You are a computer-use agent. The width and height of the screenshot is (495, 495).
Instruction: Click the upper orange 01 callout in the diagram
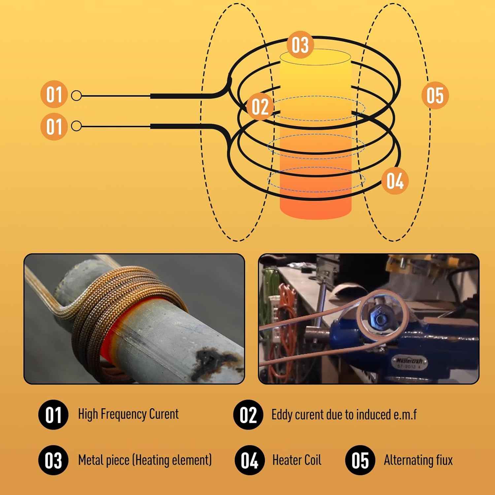click(54, 94)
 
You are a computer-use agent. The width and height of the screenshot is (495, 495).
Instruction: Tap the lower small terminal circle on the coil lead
click(76, 126)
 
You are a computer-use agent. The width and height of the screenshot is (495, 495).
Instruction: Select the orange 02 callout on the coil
click(260, 106)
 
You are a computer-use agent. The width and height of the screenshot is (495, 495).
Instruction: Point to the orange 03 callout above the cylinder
click(300, 45)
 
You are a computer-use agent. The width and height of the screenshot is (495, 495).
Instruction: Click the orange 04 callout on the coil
click(395, 181)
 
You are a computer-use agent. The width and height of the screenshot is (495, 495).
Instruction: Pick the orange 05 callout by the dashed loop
click(435, 95)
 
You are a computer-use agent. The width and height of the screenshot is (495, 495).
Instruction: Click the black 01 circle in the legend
click(53, 414)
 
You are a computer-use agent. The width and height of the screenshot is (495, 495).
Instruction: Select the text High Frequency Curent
click(128, 414)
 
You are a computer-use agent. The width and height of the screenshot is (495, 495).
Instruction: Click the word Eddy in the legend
click(281, 414)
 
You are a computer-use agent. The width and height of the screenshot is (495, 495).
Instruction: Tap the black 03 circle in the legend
click(53, 460)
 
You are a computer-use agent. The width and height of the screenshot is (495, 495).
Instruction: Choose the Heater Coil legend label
click(296, 460)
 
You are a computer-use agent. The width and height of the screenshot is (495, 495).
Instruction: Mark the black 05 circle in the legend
click(360, 460)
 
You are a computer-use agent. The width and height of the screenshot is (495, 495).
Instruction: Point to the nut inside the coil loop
click(380, 319)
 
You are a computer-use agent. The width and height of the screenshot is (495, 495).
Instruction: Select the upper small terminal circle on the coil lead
click(76, 96)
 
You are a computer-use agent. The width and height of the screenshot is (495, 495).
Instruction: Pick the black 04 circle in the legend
click(249, 460)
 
